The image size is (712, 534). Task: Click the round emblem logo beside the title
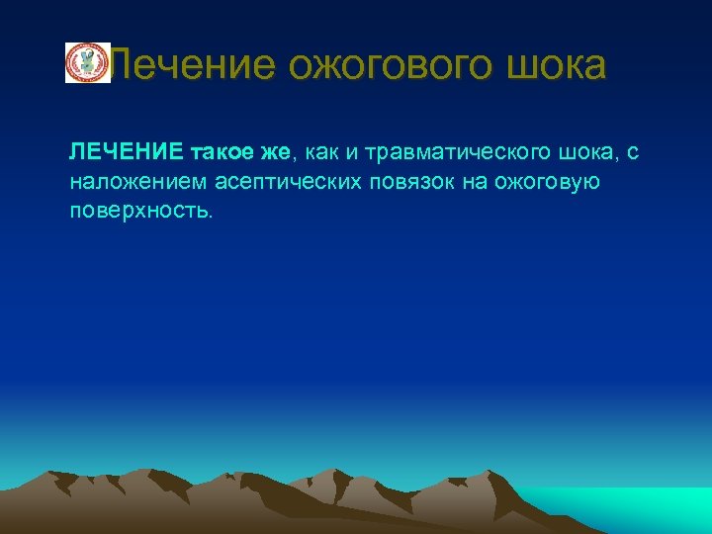pos(87,62)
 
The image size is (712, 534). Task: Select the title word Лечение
pos(194,65)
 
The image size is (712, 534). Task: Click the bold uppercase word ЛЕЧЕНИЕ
pos(126,152)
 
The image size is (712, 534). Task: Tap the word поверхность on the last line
pos(137,212)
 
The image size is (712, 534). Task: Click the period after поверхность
pos(210,218)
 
